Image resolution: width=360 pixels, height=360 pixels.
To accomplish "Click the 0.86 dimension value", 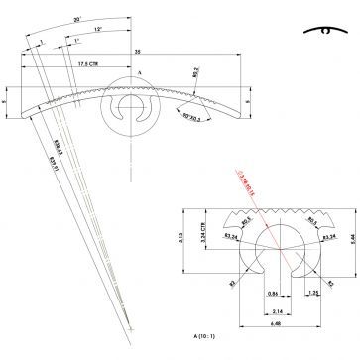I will (x=243, y=296).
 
